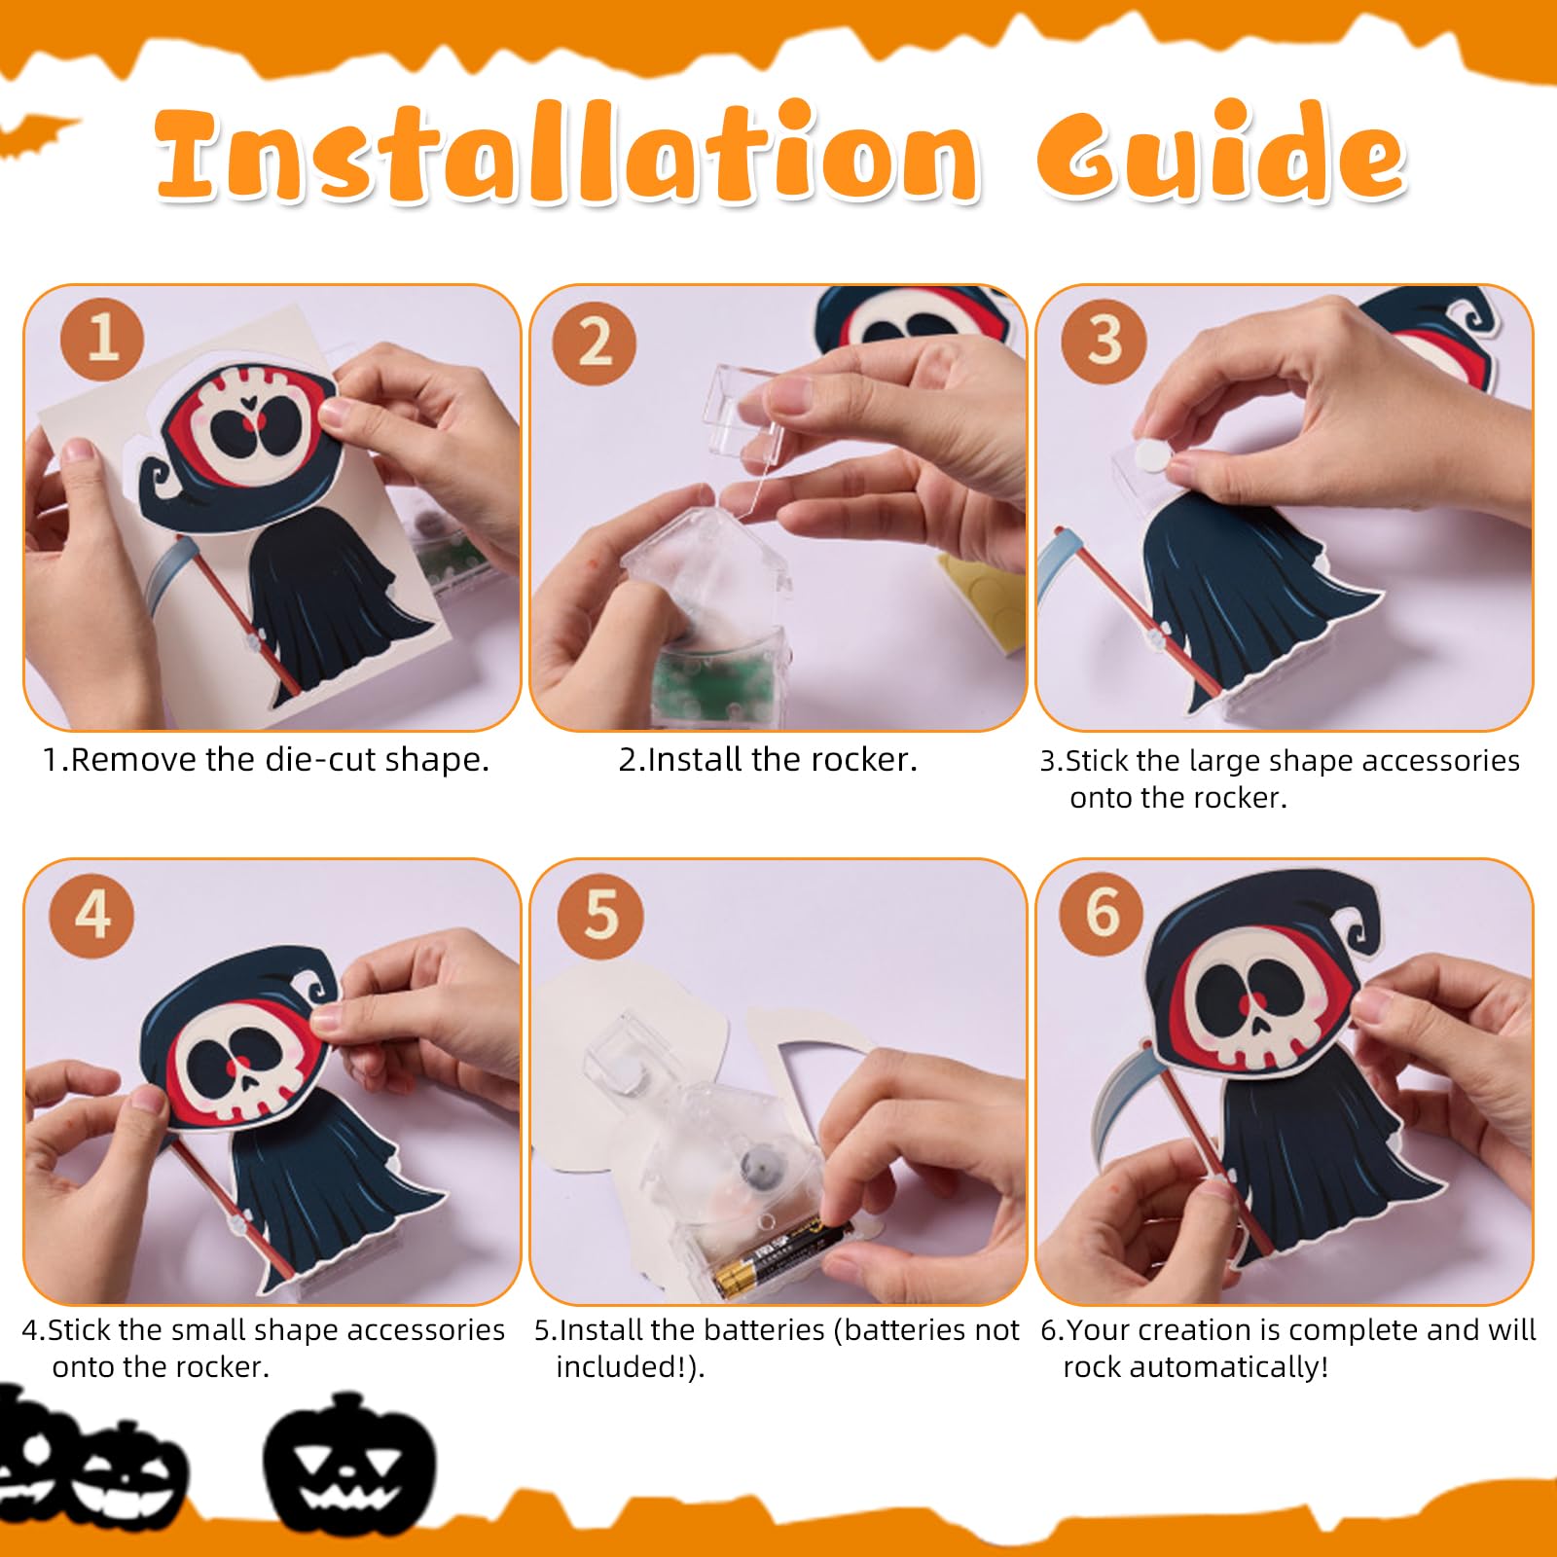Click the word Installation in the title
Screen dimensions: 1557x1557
click(568, 153)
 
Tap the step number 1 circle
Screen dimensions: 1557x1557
click(102, 339)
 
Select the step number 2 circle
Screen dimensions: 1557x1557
click(595, 342)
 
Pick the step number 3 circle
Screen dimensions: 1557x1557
click(1104, 340)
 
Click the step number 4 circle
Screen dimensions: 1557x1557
click(92, 914)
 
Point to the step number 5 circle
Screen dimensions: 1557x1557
click(600, 914)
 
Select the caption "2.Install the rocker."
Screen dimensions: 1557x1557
click(768, 759)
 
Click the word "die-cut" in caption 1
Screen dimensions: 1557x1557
click(316, 759)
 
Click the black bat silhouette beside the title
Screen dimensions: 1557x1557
click(34, 134)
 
